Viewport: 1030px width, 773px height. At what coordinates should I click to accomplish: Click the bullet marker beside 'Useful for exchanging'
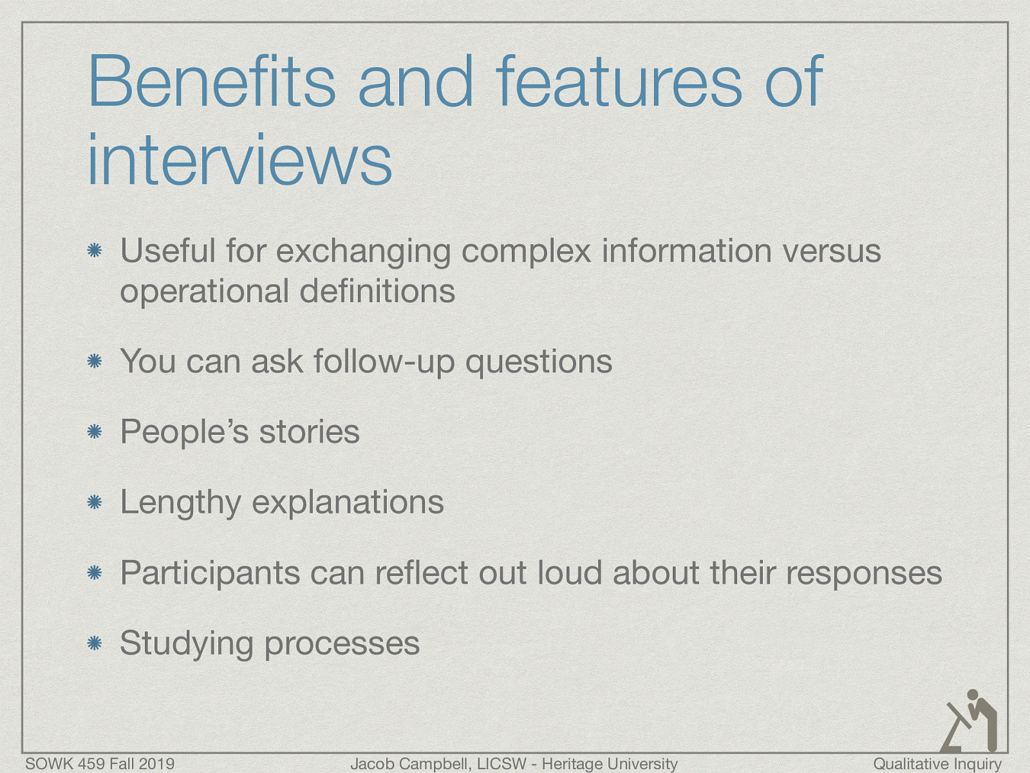95,251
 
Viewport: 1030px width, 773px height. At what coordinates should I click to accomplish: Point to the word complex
526,251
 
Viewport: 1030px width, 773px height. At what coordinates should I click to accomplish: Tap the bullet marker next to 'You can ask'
95,362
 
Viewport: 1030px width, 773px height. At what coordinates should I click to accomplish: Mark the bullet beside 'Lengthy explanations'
95,502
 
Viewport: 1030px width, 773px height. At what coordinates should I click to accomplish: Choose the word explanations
348,503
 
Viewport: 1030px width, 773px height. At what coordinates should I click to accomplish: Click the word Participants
210,573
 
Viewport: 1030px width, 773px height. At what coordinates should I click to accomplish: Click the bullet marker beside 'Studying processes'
95,643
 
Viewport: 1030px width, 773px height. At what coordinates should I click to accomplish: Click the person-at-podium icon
970,721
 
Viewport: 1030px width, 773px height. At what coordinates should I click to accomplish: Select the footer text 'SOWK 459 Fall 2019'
100,764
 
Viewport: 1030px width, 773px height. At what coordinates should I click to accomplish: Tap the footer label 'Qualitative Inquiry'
937,764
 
